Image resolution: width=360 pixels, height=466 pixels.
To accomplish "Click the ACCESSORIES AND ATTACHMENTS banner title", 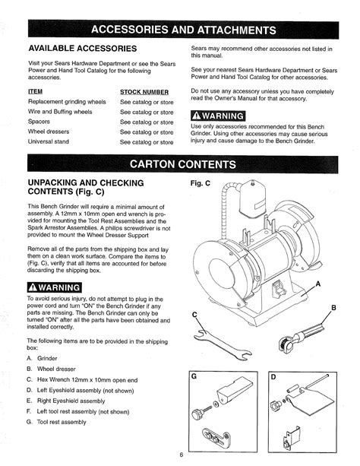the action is [x=184, y=30].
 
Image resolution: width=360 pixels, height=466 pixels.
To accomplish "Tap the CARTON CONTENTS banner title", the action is [x=183, y=164].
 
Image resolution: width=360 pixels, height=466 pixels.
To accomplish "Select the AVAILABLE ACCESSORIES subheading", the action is [x=83, y=49].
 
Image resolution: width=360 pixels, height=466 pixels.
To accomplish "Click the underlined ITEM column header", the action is [x=36, y=91].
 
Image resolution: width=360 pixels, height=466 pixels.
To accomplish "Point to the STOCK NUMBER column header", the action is [x=144, y=92].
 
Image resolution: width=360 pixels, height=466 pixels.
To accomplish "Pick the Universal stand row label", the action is [x=49, y=141].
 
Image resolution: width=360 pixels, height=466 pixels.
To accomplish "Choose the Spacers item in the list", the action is [x=39, y=122].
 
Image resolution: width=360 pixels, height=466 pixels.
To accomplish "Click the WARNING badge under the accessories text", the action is [x=218, y=116].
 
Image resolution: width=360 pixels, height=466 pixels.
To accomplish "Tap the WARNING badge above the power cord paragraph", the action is [x=55, y=287].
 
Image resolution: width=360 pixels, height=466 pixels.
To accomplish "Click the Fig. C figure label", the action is [x=201, y=183].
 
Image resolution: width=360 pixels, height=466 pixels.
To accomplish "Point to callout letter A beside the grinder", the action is [x=318, y=284].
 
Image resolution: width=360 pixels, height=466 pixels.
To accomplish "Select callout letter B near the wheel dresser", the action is [x=333, y=308].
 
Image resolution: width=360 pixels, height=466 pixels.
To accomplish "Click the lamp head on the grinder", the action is [x=252, y=198].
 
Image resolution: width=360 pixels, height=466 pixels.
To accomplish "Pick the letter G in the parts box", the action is [x=194, y=376].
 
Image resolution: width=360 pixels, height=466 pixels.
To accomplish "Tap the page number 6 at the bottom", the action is [x=182, y=455].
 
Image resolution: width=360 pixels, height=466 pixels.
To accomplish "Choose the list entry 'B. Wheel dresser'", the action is [x=51, y=369].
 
